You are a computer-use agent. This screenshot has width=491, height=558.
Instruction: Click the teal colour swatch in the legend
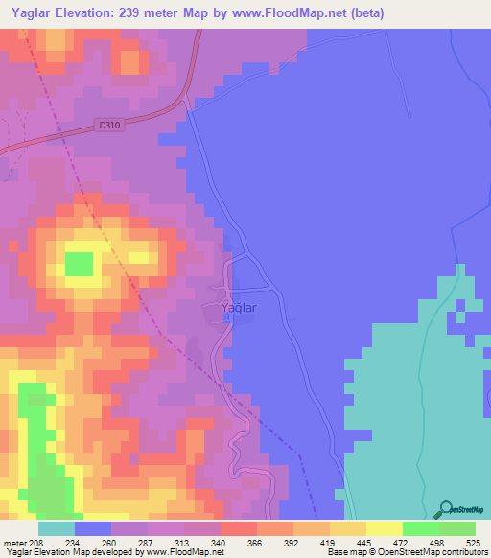(x=57, y=528)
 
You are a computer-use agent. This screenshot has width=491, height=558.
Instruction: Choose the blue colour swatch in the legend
(x=93, y=528)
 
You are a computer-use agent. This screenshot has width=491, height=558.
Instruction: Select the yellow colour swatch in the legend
(x=384, y=528)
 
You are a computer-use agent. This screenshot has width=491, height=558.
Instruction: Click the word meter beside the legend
(x=14, y=543)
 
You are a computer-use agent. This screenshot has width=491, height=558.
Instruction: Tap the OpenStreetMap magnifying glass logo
(x=445, y=509)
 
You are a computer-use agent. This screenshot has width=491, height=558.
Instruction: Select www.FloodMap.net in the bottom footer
(x=183, y=552)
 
